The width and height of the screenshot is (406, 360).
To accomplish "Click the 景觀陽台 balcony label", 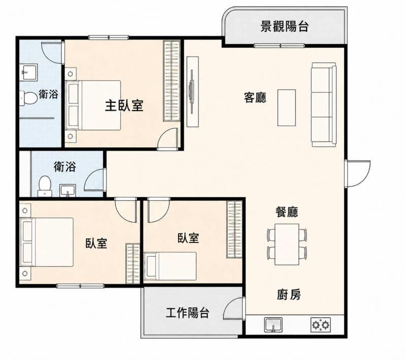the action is [x=284, y=26].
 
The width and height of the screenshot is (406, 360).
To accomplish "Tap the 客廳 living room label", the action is [x=255, y=97].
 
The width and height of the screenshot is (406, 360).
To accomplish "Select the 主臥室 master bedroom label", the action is [x=124, y=105].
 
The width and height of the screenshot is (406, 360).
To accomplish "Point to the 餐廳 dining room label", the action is [x=286, y=212].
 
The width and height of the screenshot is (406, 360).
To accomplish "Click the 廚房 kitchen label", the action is [x=289, y=294].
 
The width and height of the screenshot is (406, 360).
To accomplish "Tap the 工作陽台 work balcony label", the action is [x=187, y=313].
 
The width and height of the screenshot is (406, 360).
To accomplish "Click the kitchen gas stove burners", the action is [x=321, y=325].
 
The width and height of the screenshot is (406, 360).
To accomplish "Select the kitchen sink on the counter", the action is [x=273, y=325].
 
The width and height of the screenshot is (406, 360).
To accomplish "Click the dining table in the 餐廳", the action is [x=287, y=244].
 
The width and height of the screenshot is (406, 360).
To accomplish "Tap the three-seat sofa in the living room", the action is [x=324, y=104].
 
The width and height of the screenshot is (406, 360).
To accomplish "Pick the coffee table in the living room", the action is [x=287, y=107].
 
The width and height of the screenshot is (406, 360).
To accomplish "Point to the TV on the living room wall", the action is [x=192, y=92].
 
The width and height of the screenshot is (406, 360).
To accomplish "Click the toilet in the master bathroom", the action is [x=28, y=98].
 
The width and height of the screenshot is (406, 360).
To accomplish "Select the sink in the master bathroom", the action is [x=29, y=72].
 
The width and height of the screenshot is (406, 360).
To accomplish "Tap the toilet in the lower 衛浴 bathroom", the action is [x=45, y=186].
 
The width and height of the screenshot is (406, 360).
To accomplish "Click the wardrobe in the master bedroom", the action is [x=172, y=81].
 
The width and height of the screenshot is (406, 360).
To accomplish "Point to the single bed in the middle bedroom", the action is [x=170, y=266].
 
